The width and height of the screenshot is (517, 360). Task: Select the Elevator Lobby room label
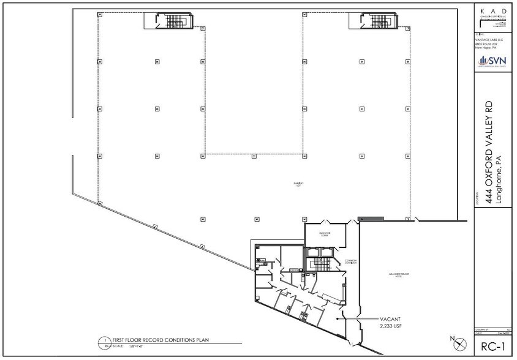pyautogui.click(x=325, y=233)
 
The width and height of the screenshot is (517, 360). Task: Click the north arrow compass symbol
pyautogui.click(x=455, y=340)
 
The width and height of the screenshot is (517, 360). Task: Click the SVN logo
pyautogui.click(x=494, y=59)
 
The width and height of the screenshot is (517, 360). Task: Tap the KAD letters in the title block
pyautogui.click(x=493, y=10)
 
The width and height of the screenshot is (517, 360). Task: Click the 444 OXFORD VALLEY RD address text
pyautogui.click(x=489, y=147)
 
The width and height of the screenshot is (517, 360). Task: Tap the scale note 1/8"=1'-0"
pyautogui.click(x=131, y=346)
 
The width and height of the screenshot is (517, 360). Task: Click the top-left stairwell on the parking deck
pyautogui.click(x=162, y=21)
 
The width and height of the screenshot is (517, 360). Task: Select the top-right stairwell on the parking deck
pyautogui.click(x=366, y=21)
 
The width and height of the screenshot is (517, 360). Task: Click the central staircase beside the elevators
pyautogui.click(x=320, y=264)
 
